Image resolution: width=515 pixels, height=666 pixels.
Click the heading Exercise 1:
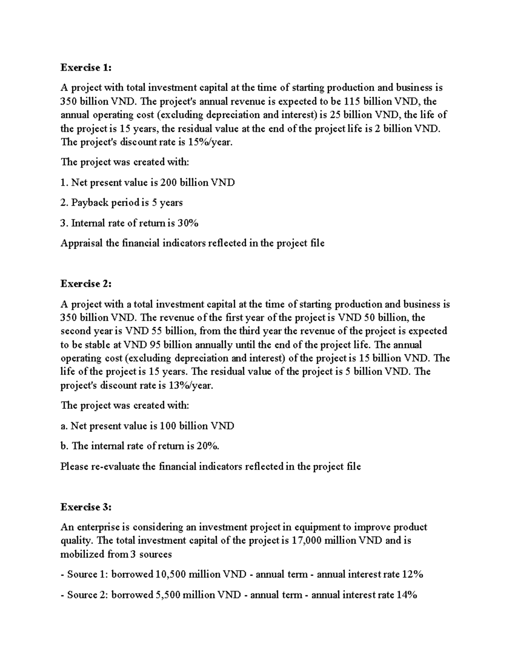tap(86, 67)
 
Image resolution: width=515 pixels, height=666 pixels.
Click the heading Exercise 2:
tap(86, 283)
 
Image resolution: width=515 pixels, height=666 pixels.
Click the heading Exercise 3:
tap(86, 507)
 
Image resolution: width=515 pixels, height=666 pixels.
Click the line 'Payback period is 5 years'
tap(121, 202)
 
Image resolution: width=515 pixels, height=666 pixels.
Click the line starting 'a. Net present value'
tap(147, 426)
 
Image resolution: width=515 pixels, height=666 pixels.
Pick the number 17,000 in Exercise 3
tap(306, 540)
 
